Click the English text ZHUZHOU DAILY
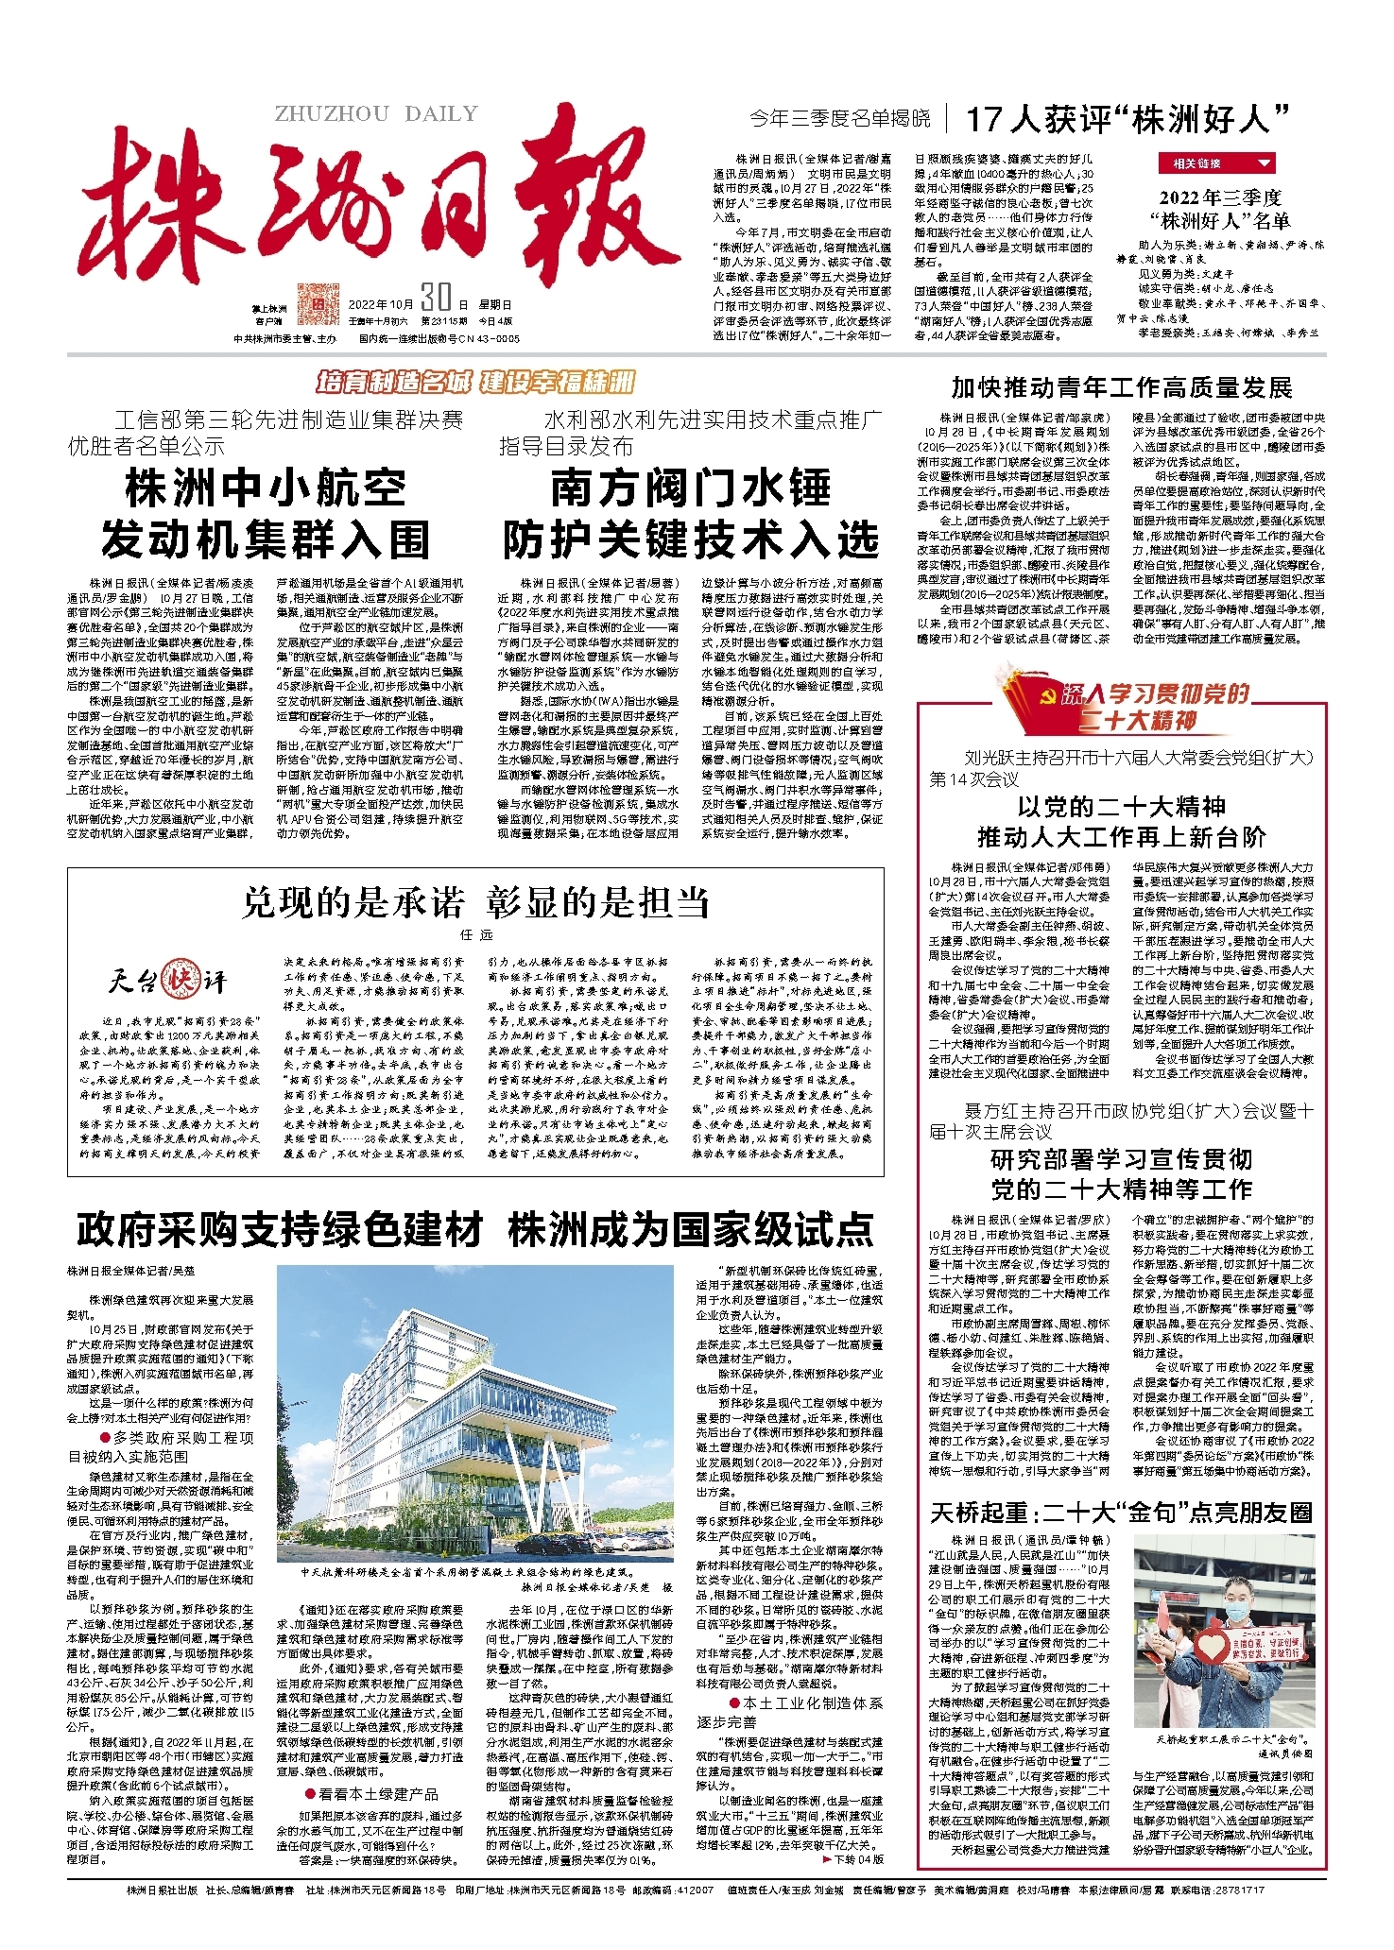tap(376, 114)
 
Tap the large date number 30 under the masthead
tap(436, 299)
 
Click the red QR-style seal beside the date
tap(317, 303)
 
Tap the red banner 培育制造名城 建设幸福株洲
tap(475, 382)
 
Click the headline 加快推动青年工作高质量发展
tap(1121, 387)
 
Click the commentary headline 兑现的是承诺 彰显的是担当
tap(475, 902)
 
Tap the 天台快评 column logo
tap(167, 980)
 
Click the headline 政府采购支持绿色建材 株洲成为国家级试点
tap(475, 1230)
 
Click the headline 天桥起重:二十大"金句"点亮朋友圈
tap(1121, 1514)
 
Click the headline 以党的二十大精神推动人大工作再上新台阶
tap(1121, 822)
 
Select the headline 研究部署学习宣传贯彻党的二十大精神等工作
tap(1121, 1173)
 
